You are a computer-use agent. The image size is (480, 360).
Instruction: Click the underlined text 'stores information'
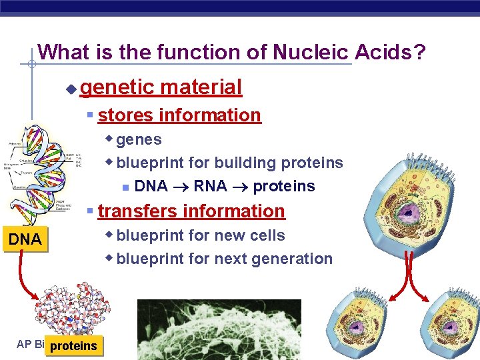pyautogui.click(x=179, y=115)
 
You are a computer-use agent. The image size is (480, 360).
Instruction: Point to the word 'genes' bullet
pyautogui.click(x=139, y=139)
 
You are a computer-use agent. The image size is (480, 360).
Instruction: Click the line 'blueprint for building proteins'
pyautogui.click(x=229, y=163)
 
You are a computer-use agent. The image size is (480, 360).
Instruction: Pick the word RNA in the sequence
pyautogui.click(x=210, y=186)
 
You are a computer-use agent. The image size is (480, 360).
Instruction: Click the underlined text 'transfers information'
pyautogui.click(x=191, y=211)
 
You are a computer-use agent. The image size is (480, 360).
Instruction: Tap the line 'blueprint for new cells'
pyautogui.click(x=201, y=235)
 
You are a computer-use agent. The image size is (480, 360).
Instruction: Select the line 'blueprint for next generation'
pyautogui.click(x=224, y=259)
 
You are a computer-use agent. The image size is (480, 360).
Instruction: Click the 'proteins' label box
pyautogui.click(x=75, y=345)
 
